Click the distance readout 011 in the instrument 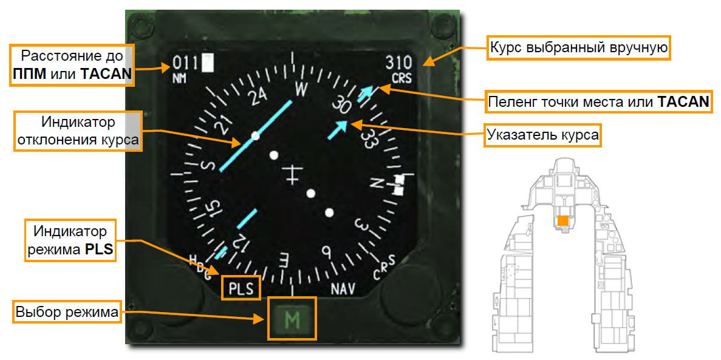click(x=186, y=63)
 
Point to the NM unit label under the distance click(x=179, y=78)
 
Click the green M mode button click(x=292, y=319)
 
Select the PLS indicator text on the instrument click(x=241, y=288)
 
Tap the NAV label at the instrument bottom click(x=343, y=288)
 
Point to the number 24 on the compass click(x=258, y=97)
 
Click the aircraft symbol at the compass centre click(x=293, y=174)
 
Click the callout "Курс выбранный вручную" click(x=579, y=47)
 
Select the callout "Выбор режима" click(x=67, y=313)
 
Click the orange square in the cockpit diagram click(x=563, y=221)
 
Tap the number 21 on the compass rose click(x=225, y=126)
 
